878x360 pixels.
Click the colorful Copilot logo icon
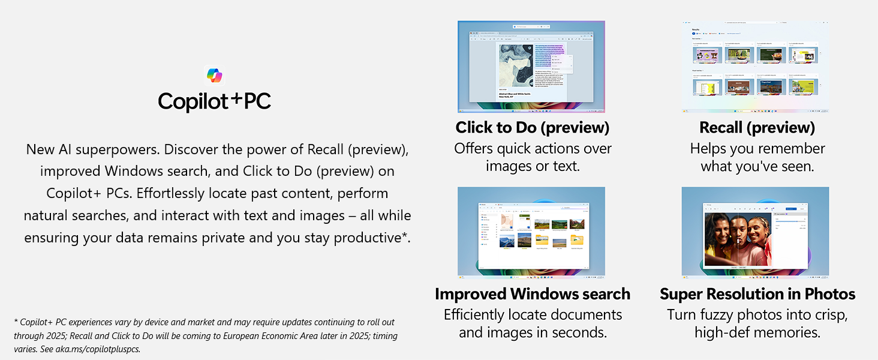[214, 76]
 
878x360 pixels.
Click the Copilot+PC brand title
[214, 101]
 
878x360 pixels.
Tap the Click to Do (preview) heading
[532, 128]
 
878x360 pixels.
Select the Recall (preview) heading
[757, 128]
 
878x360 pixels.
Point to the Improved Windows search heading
[532, 294]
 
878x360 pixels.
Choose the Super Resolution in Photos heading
[757, 294]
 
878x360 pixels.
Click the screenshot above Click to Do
[531, 67]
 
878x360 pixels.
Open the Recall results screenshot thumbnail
[755, 67]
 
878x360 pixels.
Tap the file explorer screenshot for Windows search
[531, 232]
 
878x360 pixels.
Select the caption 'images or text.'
[532, 166]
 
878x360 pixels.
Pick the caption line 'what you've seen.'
[757, 166]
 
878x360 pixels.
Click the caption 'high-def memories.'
[757, 332]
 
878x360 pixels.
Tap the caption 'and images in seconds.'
[532, 332]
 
